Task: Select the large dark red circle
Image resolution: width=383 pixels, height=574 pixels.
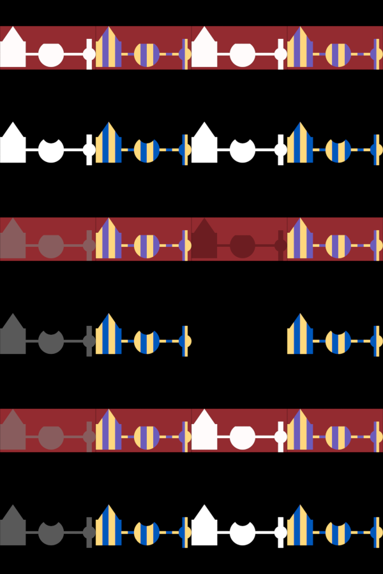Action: coord(243,246)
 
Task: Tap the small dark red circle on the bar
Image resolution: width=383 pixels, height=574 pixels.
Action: coord(280,245)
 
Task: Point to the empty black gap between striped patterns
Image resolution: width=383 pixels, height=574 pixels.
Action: coord(239,341)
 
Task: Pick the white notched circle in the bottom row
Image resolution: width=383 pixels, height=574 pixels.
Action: coord(243,533)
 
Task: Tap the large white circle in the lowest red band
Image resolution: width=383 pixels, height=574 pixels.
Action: coord(243,437)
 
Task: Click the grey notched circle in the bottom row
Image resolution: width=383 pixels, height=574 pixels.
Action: coord(51,533)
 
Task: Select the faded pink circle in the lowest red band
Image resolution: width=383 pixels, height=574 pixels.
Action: coord(51,437)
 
